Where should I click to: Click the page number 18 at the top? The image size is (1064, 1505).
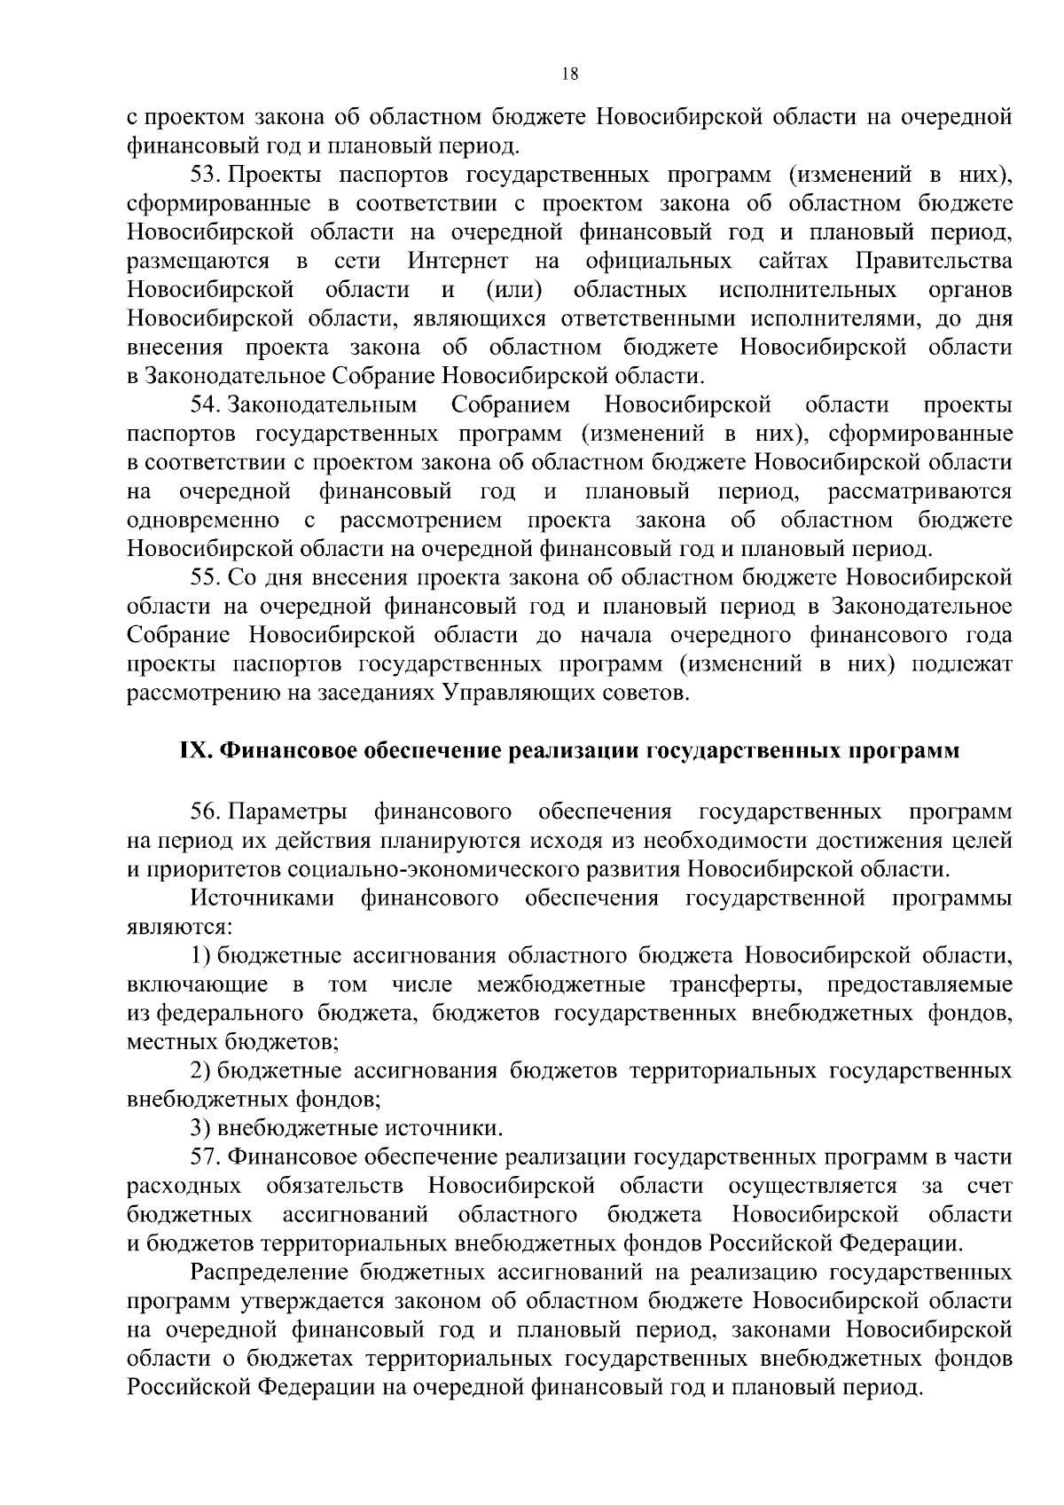pos(570,75)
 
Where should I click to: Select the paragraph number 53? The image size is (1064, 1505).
pos(206,176)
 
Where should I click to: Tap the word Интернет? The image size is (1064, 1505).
pos(458,262)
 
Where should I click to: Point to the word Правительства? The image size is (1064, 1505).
pos(935,262)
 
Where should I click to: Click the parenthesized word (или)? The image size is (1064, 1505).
pos(514,290)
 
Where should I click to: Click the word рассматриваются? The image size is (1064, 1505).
pos(920,491)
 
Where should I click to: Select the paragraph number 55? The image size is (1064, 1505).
pos(206,578)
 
